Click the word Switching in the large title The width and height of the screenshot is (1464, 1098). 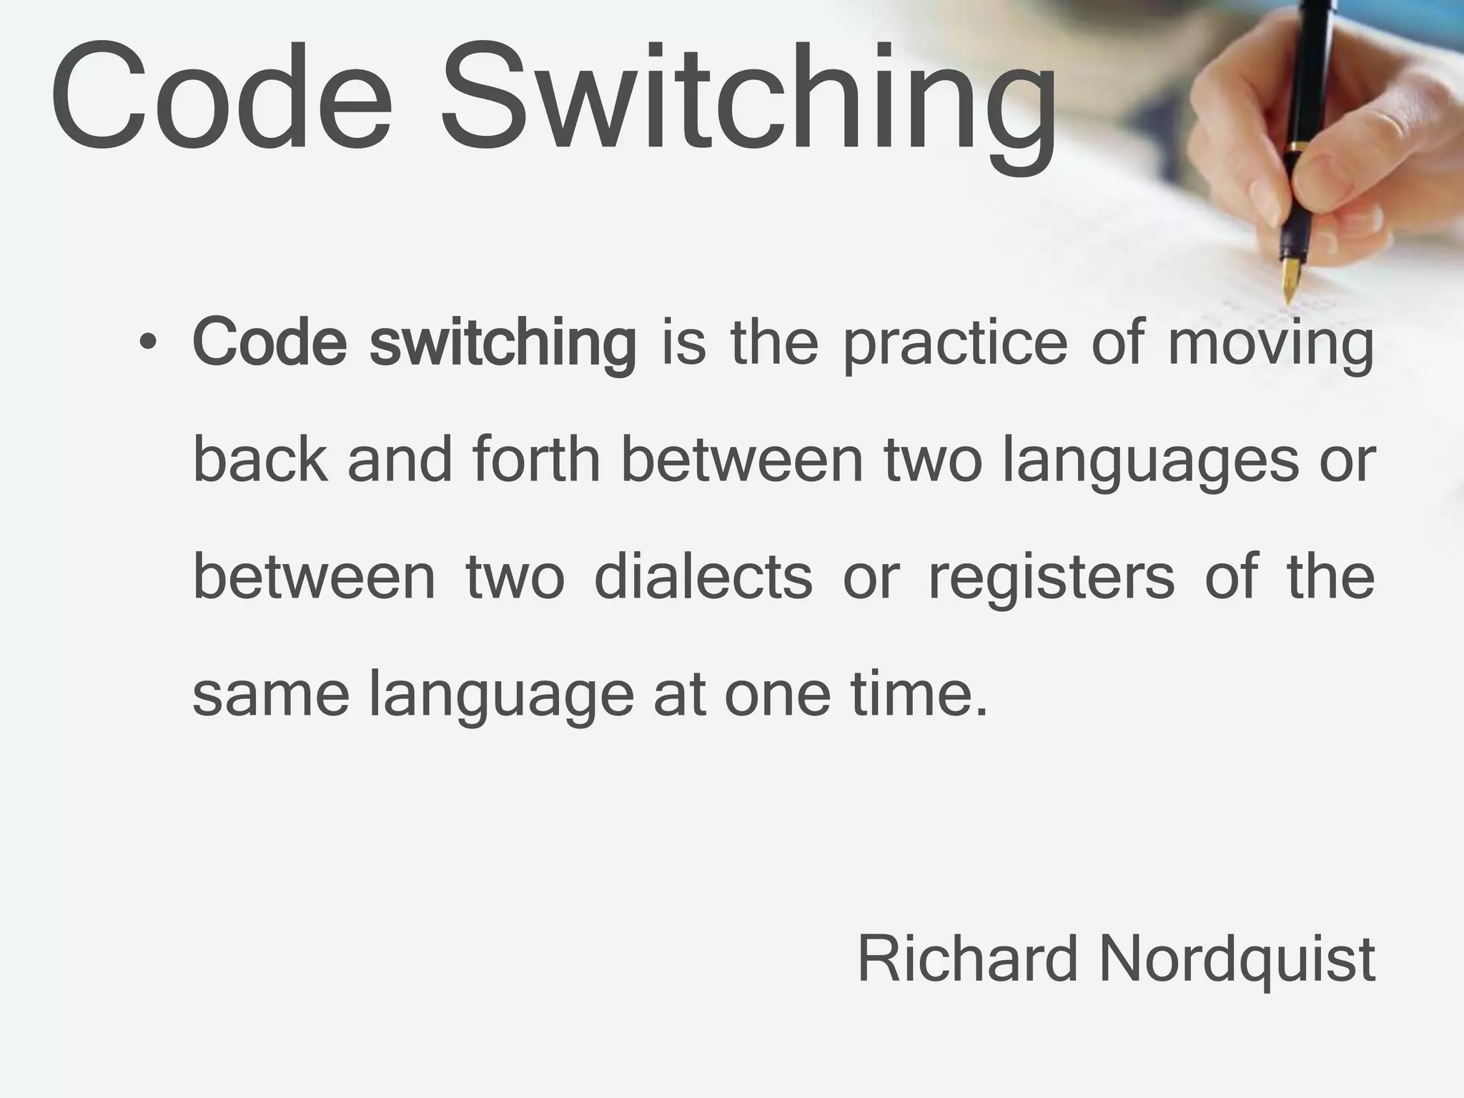[x=747, y=100]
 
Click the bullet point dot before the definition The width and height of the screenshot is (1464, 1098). [x=147, y=343]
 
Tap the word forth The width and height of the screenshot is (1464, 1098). [x=535, y=461]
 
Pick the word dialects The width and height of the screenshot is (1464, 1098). [x=703, y=577]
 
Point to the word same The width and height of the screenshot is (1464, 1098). [x=271, y=695]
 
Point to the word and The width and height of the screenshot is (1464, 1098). [x=400, y=461]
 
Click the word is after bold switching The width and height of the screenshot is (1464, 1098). [x=684, y=343]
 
